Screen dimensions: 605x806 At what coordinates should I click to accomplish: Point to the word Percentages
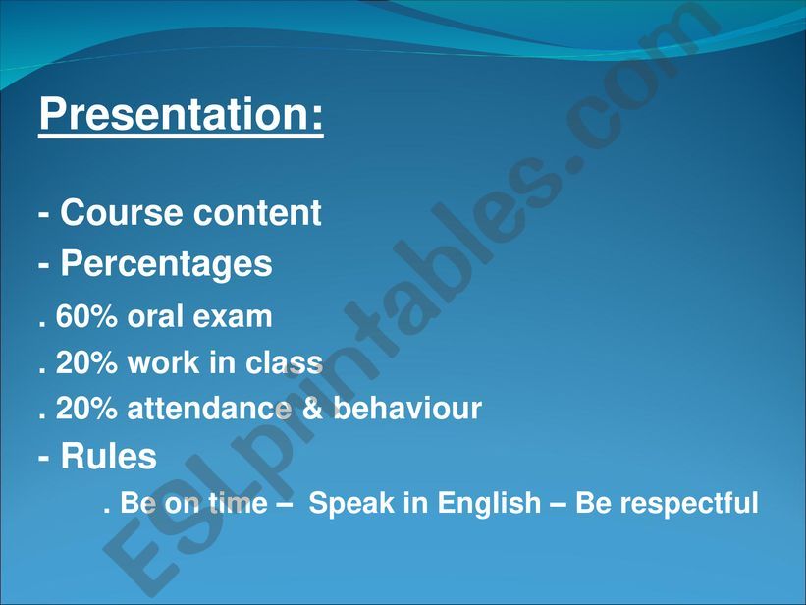166,264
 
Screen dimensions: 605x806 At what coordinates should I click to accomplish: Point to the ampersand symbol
312,409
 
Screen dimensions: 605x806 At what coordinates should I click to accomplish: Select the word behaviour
407,409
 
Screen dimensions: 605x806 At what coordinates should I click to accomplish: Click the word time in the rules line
236,504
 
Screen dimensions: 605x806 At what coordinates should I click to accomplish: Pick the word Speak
348,505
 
